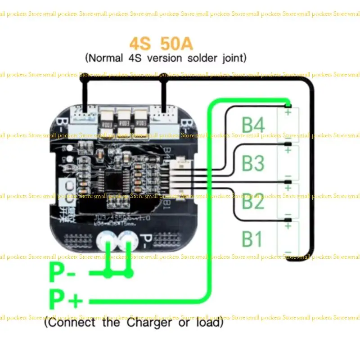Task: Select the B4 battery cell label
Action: point(253,125)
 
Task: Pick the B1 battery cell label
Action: point(252,239)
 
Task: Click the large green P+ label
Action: point(66,299)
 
